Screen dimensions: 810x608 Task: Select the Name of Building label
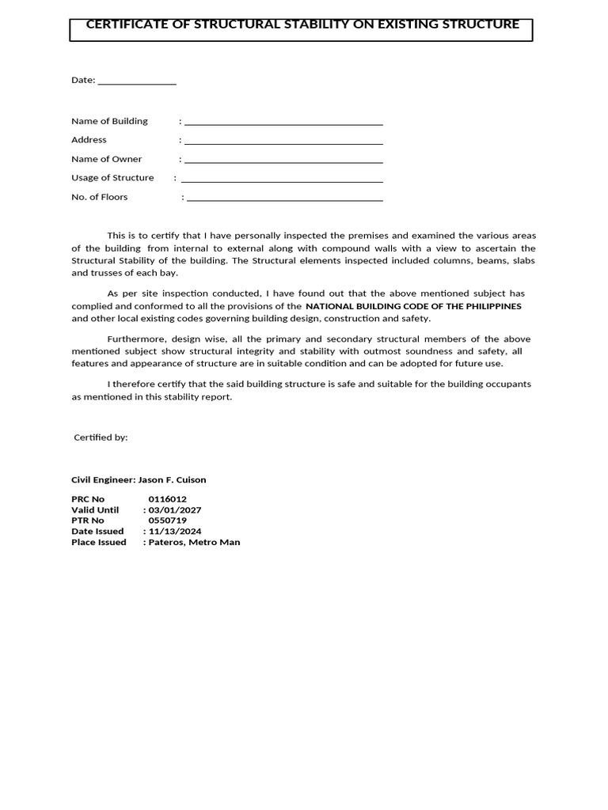[x=109, y=121]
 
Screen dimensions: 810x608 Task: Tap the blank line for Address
[x=283, y=142]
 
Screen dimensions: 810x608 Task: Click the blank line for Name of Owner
[x=283, y=161]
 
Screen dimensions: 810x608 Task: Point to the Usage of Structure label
[x=112, y=178]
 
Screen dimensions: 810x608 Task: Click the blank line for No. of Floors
[x=285, y=199]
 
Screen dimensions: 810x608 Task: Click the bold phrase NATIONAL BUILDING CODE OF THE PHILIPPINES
[x=413, y=306]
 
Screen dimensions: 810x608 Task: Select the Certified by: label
[x=101, y=437]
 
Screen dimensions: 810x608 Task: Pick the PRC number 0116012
[x=167, y=499]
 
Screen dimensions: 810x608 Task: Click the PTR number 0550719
[x=167, y=520]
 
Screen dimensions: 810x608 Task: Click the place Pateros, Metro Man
[x=194, y=543]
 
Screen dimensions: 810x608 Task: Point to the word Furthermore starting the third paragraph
[x=133, y=339]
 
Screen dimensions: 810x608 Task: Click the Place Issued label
[x=99, y=543]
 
